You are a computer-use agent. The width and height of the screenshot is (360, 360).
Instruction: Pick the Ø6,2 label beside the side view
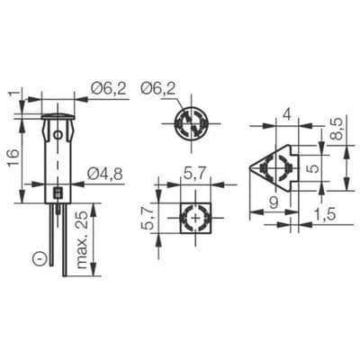(x=108, y=87)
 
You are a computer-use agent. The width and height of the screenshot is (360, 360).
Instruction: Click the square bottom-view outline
(x=196, y=219)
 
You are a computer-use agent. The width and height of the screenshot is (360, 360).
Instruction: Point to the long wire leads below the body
(x=58, y=238)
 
